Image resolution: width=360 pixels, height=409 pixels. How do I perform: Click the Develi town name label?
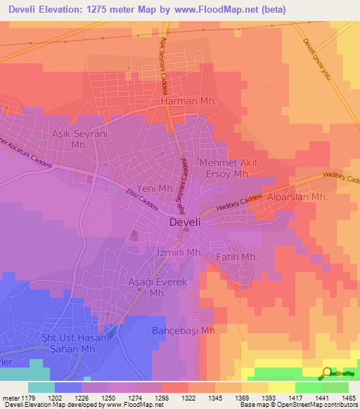[x=188, y=222]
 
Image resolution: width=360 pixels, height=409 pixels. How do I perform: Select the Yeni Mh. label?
[x=155, y=189]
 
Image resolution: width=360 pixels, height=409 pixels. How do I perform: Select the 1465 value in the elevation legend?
[x=348, y=397]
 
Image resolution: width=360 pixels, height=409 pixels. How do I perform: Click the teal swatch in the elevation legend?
[x=41, y=387]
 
